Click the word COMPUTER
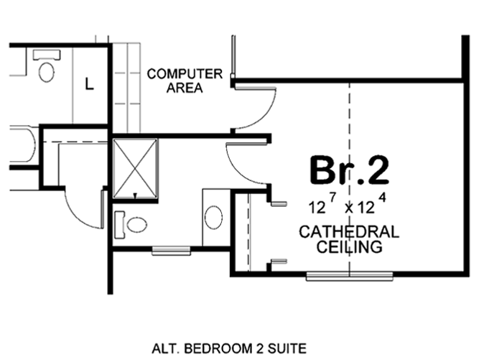(184, 73)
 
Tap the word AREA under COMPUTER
(185, 88)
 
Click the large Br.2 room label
(349, 170)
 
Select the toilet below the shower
(131, 224)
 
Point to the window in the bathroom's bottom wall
(171, 250)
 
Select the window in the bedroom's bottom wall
(350, 275)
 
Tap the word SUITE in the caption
(289, 349)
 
